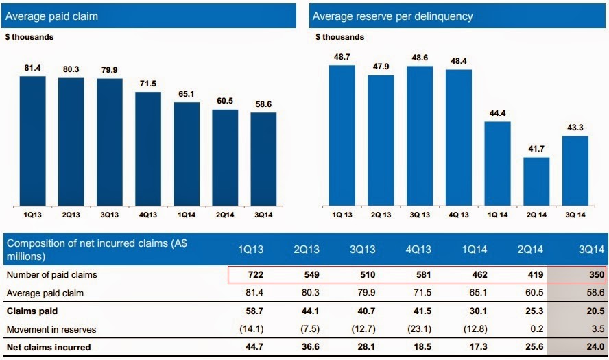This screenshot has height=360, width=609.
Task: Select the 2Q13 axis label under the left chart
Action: [71, 215]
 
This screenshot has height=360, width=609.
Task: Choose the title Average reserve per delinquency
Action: [392, 15]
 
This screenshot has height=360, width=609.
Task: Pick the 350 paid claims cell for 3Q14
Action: [592, 275]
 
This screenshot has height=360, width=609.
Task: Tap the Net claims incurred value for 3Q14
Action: [592, 347]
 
